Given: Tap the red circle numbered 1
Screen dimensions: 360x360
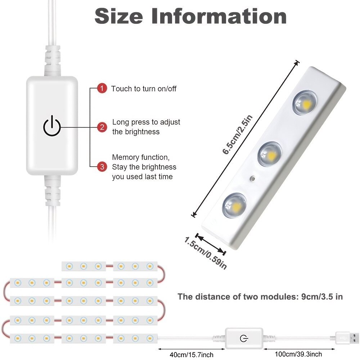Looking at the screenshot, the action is (x=102, y=88).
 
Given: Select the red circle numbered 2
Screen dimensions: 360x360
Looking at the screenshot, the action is (x=102, y=127).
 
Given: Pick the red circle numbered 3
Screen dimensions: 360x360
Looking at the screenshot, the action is (x=102, y=166).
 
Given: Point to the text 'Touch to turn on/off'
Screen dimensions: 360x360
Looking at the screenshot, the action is (x=144, y=89).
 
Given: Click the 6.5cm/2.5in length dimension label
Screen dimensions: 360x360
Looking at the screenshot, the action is (x=237, y=135).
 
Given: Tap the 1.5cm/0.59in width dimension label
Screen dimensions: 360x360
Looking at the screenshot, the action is (x=206, y=253).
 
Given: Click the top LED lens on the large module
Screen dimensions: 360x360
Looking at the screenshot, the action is (x=305, y=103).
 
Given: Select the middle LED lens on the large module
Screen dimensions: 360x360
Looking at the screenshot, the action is (x=270, y=154).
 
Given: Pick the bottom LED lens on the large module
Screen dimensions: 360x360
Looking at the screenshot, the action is (x=234, y=205).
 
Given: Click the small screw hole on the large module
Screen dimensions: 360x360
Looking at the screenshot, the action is (x=253, y=179).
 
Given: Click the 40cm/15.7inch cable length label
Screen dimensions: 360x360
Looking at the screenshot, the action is (x=192, y=355).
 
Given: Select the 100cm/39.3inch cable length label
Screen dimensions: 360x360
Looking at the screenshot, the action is (x=298, y=354).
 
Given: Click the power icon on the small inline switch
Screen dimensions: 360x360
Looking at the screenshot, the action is (x=244, y=338).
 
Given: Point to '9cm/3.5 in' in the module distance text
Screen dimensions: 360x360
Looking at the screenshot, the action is (x=322, y=297).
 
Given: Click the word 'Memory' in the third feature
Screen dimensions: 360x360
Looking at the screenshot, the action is (x=126, y=158).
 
